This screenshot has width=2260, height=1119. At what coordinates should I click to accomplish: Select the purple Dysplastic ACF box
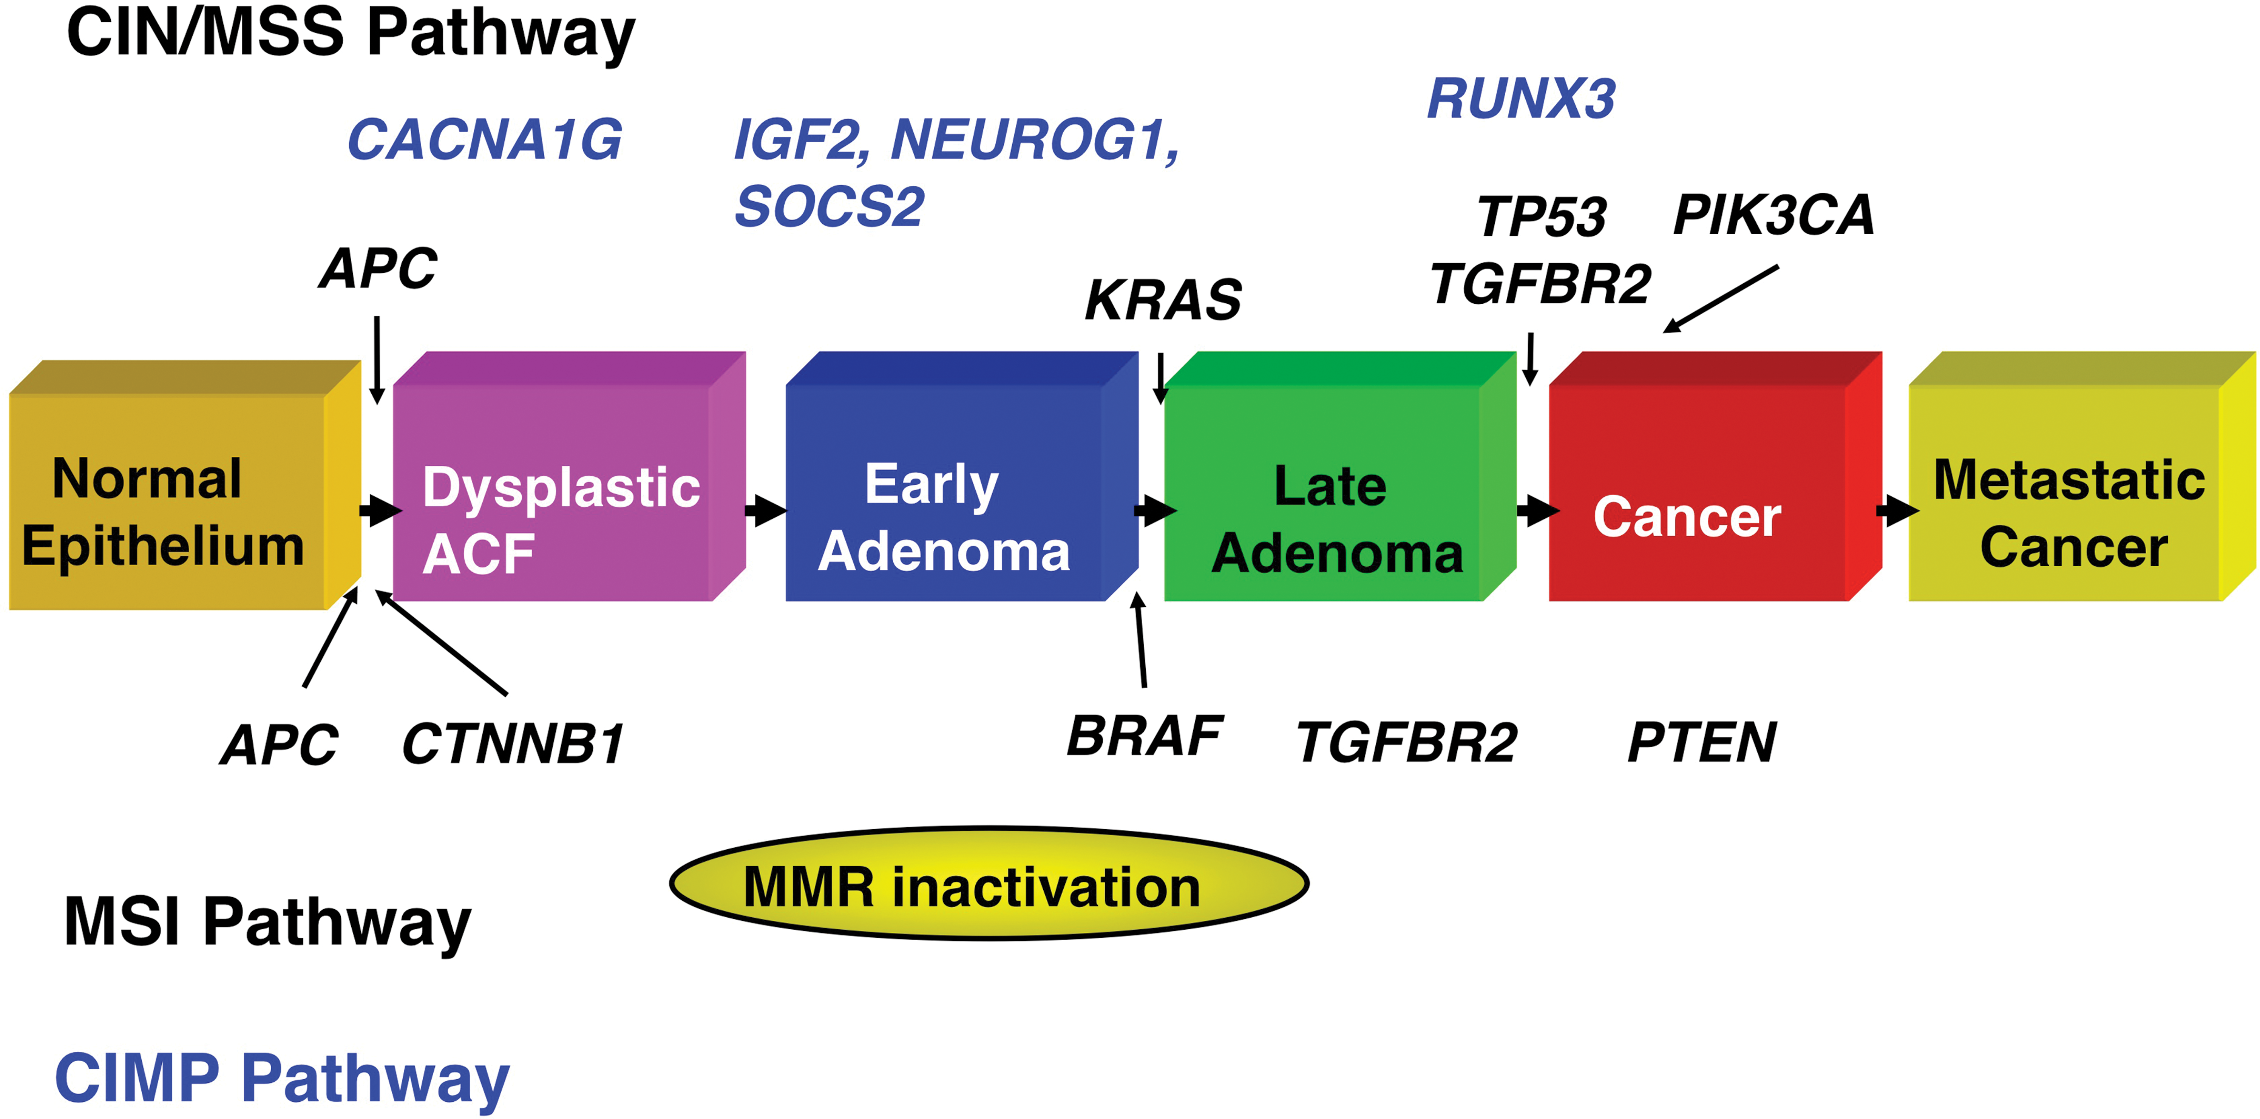pyautogui.click(x=569, y=476)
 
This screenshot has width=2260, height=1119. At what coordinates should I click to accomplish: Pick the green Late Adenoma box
pyautogui.click(x=1340, y=476)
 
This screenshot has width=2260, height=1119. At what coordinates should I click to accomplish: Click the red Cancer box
pyautogui.click(x=1715, y=476)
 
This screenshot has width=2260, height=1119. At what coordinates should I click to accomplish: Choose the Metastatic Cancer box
pyautogui.click(x=2082, y=476)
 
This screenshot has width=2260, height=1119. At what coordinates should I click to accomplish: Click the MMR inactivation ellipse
pyautogui.click(x=989, y=883)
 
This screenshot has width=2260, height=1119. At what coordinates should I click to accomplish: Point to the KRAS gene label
pyautogui.click(x=1163, y=300)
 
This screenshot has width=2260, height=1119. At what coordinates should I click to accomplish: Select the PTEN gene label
pyautogui.click(x=1701, y=742)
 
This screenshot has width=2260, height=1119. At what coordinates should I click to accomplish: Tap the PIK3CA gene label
pyautogui.click(x=1773, y=215)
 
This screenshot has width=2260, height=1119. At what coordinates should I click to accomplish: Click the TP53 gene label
pyautogui.click(x=1542, y=217)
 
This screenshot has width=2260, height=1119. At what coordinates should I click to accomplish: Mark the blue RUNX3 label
pyautogui.click(x=1521, y=98)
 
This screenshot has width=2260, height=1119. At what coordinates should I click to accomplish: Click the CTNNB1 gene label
pyautogui.click(x=513, y=744)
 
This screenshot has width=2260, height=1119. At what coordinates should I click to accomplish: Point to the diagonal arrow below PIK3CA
pyautogui.click(x=1721, y=299)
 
